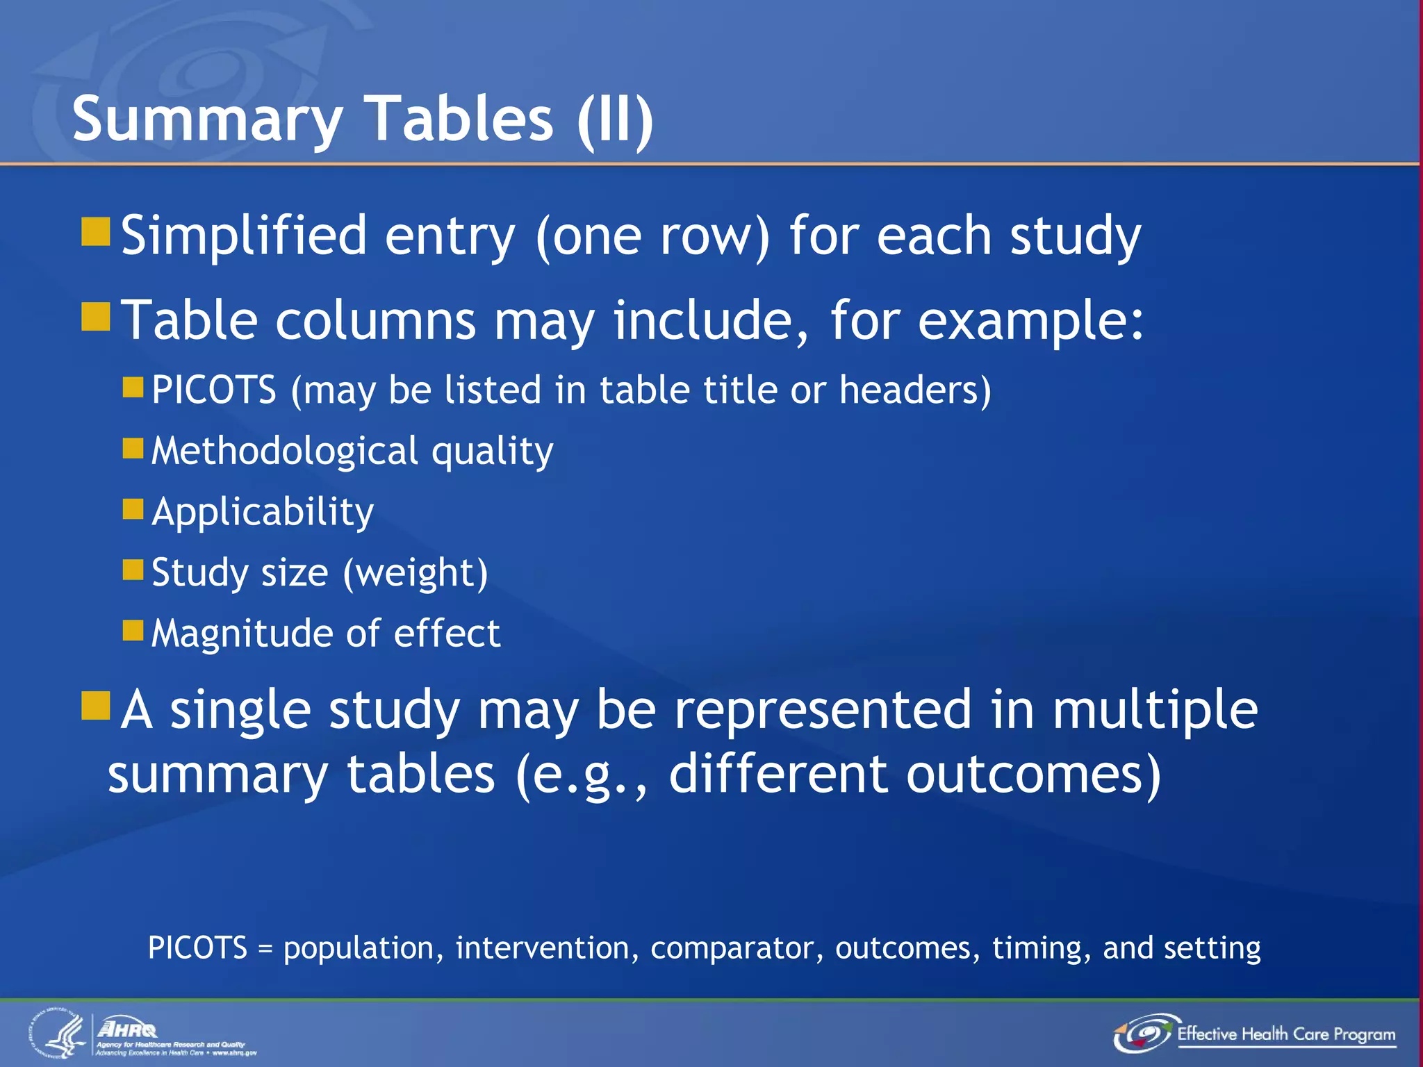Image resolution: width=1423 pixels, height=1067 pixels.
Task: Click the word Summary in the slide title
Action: tap(207, 119)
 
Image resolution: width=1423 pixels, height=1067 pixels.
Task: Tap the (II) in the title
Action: tap(615, 119)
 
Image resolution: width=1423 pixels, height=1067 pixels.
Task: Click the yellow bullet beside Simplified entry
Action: tap(96, 232)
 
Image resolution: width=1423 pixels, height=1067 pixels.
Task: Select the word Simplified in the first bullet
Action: tap(244, 236)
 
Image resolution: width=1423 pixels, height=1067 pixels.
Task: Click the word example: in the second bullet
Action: tap(1030, 322)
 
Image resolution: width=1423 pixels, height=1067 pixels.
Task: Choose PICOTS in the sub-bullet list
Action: tap(214, 390)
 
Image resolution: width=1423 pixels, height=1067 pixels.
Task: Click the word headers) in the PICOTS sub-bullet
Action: tap(915, 390)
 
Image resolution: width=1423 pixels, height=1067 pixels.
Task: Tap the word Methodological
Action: tap(284, 452)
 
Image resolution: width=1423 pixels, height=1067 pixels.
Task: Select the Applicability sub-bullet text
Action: tap(263, 513)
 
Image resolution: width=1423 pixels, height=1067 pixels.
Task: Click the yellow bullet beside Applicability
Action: tap(133, 509)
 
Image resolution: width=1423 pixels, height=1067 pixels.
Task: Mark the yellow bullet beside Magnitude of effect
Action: tap(133, 631)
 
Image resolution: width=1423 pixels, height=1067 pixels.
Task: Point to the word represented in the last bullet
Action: tap(823, 711)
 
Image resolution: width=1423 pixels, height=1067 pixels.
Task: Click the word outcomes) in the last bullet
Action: tap(1033, 775)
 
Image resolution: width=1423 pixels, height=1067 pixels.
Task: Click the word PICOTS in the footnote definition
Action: tap(197, 948)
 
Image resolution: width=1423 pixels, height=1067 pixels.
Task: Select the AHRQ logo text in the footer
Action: tap(128, 1029)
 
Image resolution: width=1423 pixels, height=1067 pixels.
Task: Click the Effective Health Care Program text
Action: tap(1286, 1034)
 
